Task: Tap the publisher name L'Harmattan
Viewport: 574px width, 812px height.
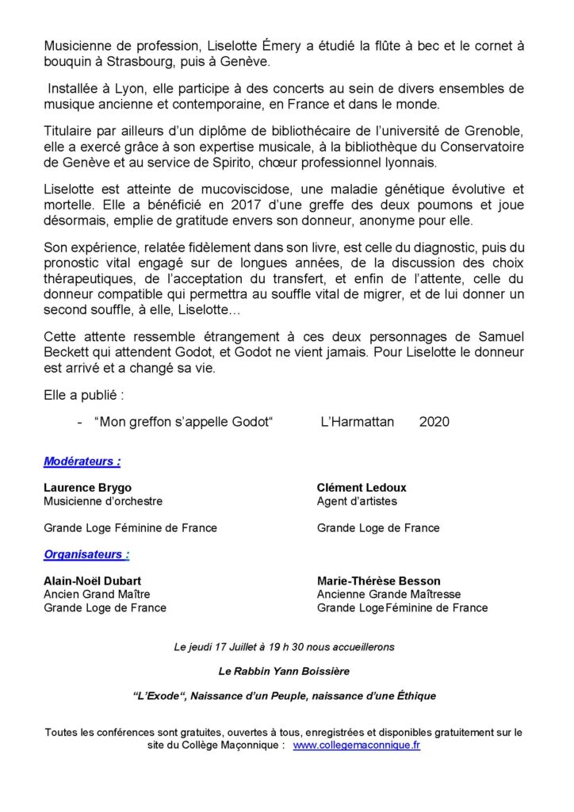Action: [357, 422]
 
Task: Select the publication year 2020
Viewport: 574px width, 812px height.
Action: [434, 422]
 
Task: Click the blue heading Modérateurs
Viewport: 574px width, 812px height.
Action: [82, 461]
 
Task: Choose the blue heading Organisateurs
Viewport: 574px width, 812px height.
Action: [86, 554]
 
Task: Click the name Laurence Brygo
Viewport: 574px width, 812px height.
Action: [88, 488]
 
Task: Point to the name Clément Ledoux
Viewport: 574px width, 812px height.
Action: [362, 488]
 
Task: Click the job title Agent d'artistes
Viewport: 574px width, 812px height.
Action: [357, 501]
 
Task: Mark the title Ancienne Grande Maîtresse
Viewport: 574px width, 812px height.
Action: [388, 594]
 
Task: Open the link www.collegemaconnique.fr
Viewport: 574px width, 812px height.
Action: [357, 747]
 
